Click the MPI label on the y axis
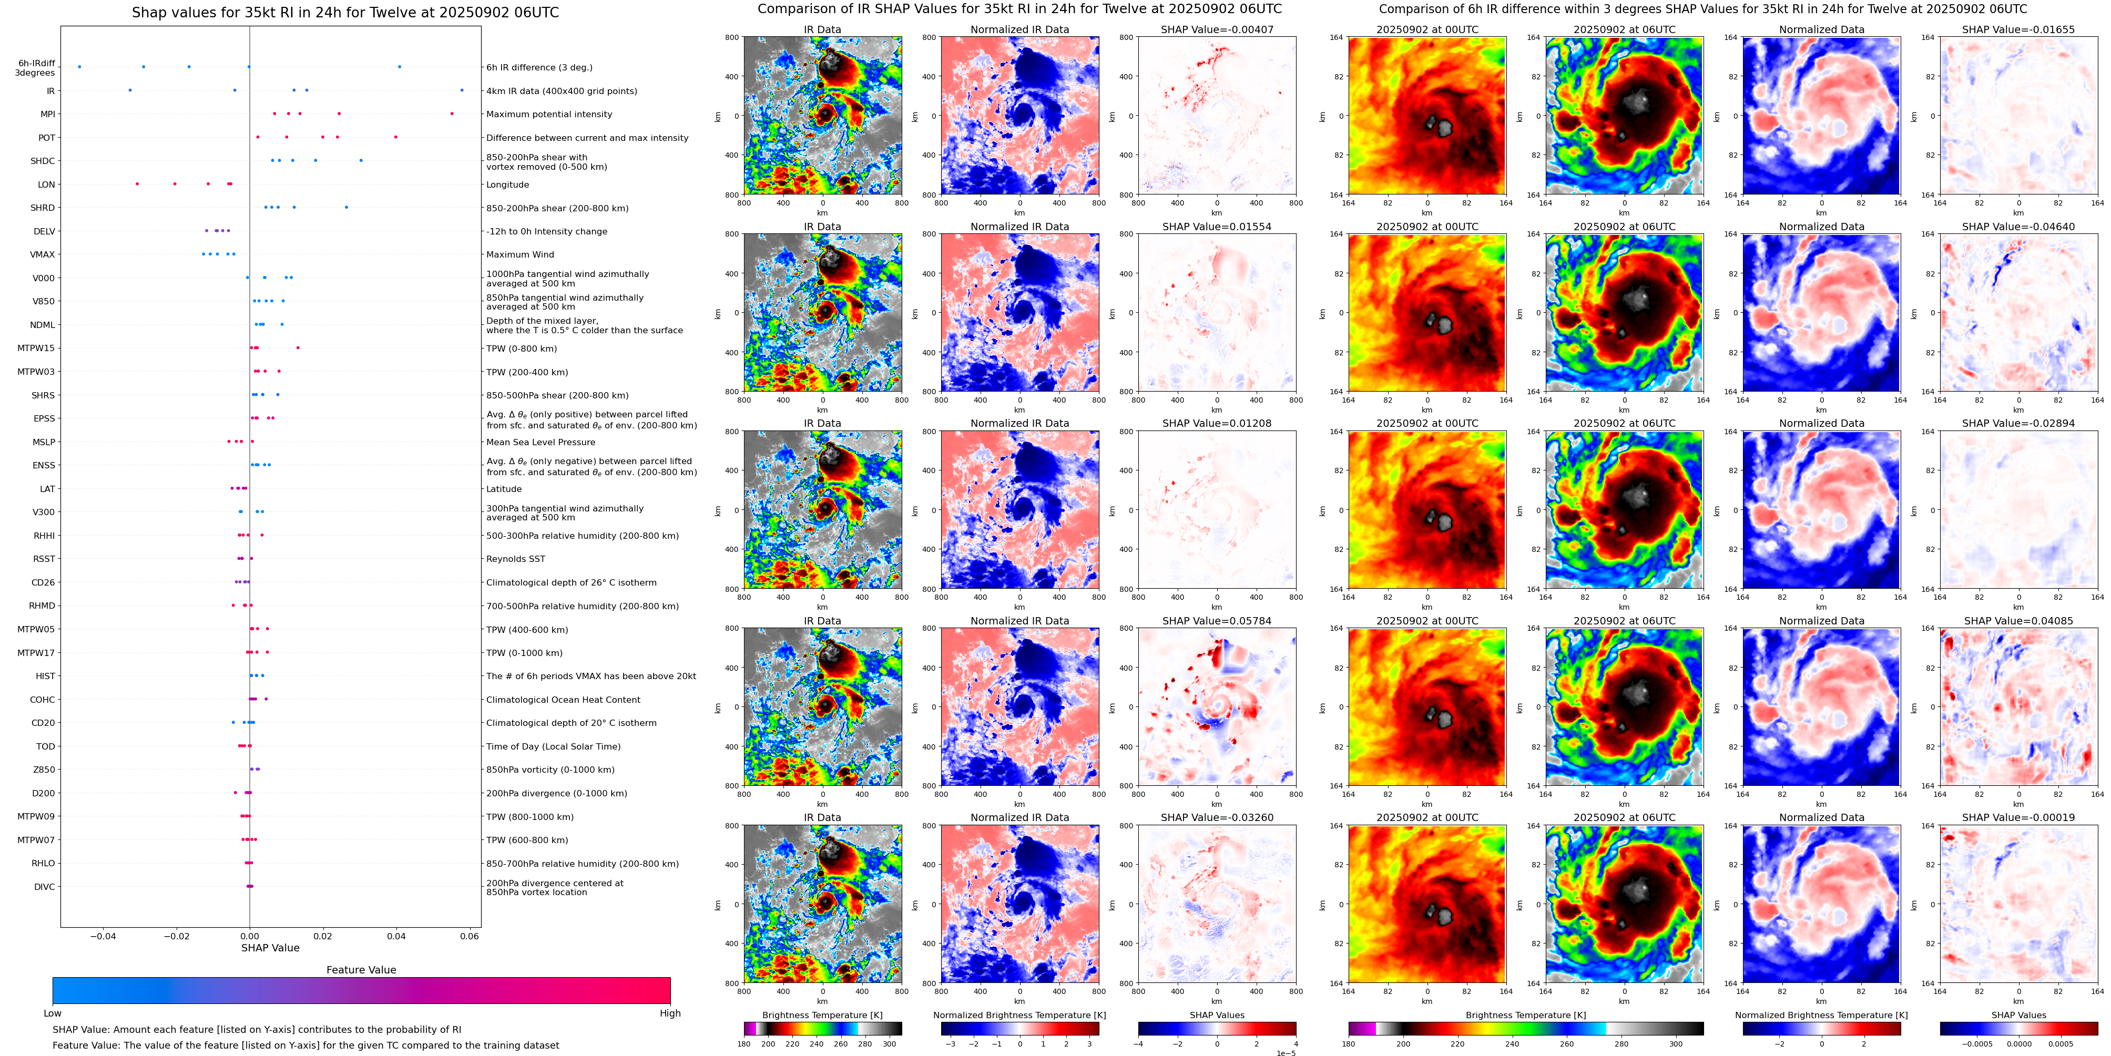tap(47, 115)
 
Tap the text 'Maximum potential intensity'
tap(549, 115)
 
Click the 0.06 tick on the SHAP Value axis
tap(470, 936)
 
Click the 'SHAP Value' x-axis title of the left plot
tap(270, 948)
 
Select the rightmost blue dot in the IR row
tap(462, 90)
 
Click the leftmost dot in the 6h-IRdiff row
tap(79, 66)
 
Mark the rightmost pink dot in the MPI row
tap(452, 114)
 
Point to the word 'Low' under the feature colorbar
tap(53, 1013)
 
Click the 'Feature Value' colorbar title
tap(361, 970)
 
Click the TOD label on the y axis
tap(45, 747)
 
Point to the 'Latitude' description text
tap(504, 489)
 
